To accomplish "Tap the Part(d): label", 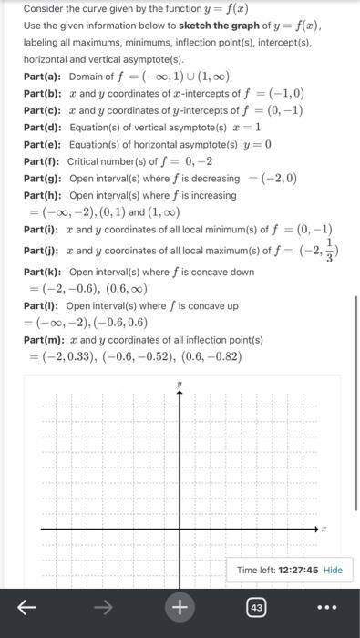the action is pos(42,127).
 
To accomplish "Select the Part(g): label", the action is pos(42,178).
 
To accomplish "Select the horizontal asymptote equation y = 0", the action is pos(255,144).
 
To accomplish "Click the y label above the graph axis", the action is pos(180,385).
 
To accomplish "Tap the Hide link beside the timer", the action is pos(333,570).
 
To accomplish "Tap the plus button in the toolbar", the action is pos(180,606).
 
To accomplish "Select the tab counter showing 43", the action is pos(256,606).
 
